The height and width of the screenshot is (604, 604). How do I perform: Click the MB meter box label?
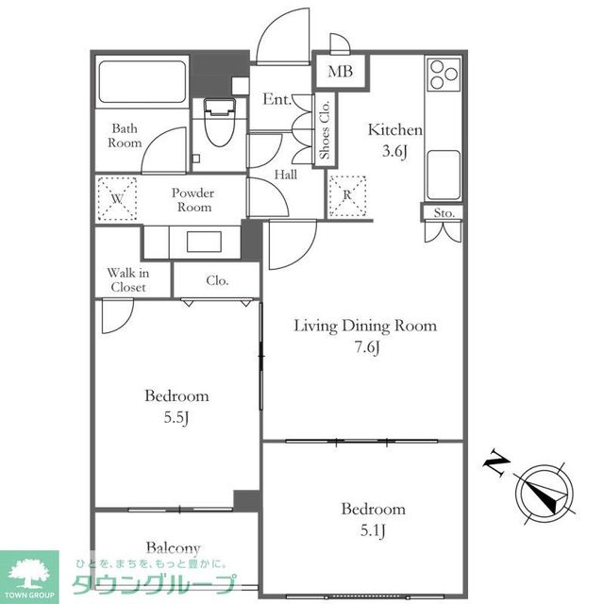click(340, 72)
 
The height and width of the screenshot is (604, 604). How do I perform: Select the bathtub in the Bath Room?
click(143, 82)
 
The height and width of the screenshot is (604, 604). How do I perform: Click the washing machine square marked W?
click(117, 199)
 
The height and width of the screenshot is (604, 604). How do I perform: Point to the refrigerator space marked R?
click(347, 195)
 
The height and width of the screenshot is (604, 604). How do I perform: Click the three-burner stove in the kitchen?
click(444, 75)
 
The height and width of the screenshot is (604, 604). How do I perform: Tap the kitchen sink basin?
click(444, 175)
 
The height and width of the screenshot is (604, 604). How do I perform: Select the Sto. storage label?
click(444, 212)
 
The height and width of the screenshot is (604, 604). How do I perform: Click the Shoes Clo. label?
click(325, 130)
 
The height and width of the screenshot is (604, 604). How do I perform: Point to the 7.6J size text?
click(367, 347)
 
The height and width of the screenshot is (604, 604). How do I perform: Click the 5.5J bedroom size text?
click(176, 417)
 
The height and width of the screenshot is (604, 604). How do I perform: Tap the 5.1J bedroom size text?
click(373, 530)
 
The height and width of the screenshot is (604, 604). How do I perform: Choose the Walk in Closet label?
click(128, 280)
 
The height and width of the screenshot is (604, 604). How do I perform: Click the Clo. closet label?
click(217, 280)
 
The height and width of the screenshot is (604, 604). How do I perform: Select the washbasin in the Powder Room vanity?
click(204, 242)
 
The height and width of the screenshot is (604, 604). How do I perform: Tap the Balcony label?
click(173, 548)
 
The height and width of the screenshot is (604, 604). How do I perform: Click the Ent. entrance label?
click(277, 99)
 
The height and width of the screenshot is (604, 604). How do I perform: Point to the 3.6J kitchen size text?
click(394, 151)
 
